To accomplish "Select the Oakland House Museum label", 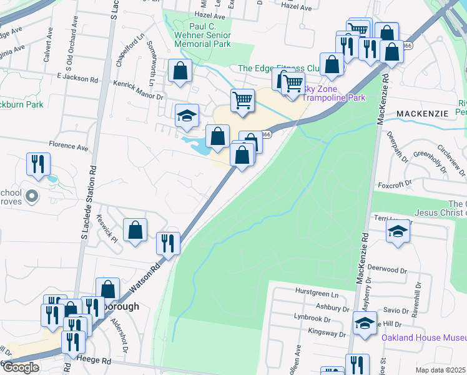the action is tap(424, 337).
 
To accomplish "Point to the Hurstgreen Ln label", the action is tap(317, 294).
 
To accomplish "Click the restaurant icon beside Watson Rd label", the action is tap(168, 242).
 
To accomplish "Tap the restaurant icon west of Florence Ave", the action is tap(38, 164).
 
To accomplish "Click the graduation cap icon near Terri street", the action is tap(398, 231).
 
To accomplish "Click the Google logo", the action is tap(21, 367).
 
